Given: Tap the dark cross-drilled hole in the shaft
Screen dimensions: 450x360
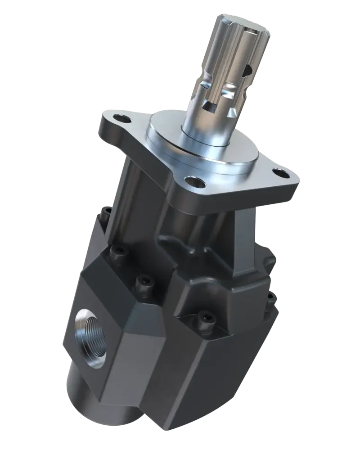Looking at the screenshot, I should (x=247, y=71).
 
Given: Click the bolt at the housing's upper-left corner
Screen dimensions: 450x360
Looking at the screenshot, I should (x=107, y=212).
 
